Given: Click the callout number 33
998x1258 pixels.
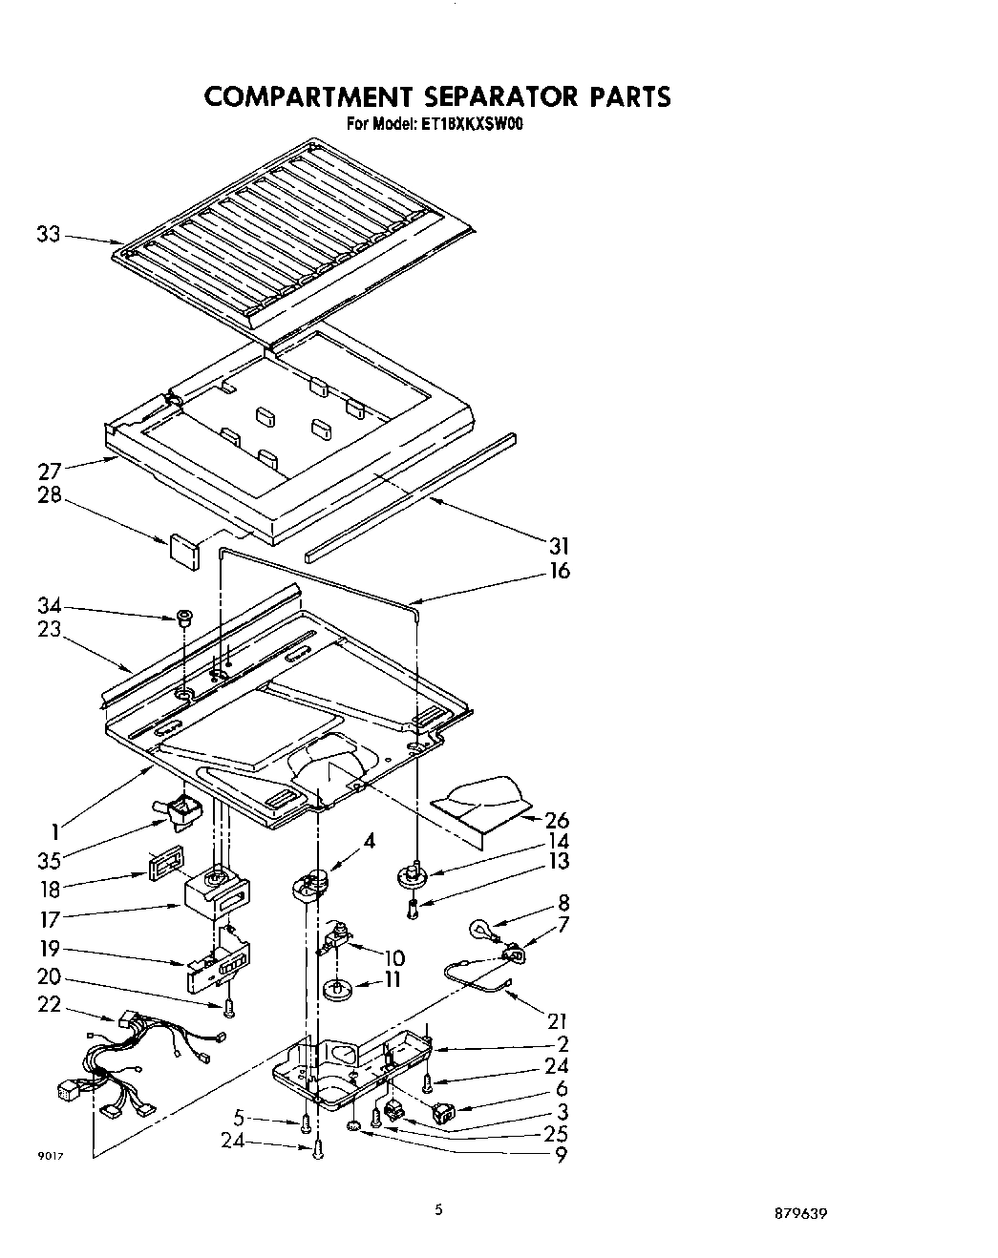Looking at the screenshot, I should pyautogui.click(x=48, y=233).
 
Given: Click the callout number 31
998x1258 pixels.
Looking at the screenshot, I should pyautogui.click(x=559, y=546).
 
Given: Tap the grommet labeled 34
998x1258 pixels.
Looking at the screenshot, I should pyautogui.click(x=181, y=618).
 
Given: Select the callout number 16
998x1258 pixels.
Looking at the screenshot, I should pyautogui.click(x=559, y=571).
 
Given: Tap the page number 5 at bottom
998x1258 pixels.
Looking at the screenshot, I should pyautogui.click(x=438, y=1209).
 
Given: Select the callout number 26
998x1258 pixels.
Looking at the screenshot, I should pyautogui.click(x=557, y=819).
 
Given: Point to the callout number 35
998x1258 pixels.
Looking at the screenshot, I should pyautogui.click(x=50, y=859).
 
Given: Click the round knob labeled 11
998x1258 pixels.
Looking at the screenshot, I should pyautogui.click(x=338, y=990).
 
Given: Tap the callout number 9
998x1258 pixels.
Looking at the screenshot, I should pyautogui.click(x=560, y=1155).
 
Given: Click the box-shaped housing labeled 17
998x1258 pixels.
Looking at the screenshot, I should pyautogui.click(x=218, y=896).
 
